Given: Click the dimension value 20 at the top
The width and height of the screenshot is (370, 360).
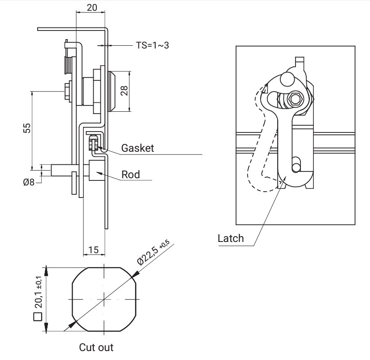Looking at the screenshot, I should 91,8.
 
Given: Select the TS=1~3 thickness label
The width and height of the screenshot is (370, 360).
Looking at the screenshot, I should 152,45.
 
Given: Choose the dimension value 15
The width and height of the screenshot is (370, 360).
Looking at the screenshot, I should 94,250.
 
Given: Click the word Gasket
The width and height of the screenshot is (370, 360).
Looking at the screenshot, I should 137,148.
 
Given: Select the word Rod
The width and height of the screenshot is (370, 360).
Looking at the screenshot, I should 131,175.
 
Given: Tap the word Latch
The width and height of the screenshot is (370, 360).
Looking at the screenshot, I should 231,238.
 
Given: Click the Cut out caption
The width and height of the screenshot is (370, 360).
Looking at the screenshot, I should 96,347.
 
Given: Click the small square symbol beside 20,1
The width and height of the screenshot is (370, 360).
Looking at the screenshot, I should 38,317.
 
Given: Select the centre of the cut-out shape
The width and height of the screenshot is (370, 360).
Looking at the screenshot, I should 104,299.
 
